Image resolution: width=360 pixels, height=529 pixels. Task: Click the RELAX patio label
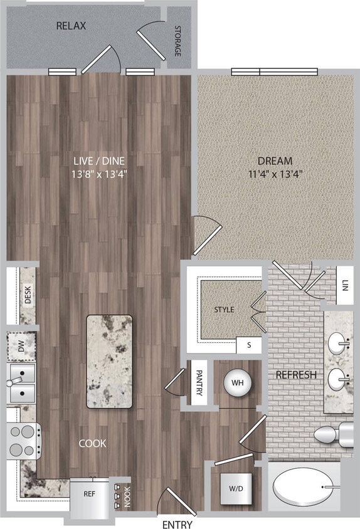pos(71,26)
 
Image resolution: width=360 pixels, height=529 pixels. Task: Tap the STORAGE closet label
pos(177,41)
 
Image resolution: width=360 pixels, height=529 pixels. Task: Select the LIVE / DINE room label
pos(100,160)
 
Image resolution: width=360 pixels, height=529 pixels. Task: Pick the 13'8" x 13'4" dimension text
pos(100,174)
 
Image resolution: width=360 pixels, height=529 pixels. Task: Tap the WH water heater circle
pos(238,382)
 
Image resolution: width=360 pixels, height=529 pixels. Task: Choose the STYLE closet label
pos(224,310)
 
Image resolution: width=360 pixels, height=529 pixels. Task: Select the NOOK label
pos(127,496)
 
